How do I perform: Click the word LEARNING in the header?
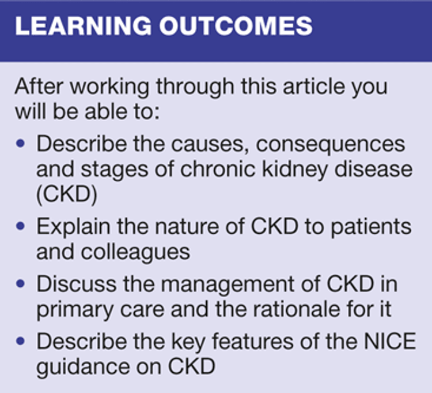pyautogui.click(x=83, y=25)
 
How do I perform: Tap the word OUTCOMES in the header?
pyautogui.click(x=236, y=25)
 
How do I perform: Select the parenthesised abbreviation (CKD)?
pyautogui.click(x=67, y=194)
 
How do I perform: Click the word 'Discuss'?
pyautogui.click(x=77, y=284)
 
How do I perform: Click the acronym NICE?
pyautogui.click(x=390, y=342)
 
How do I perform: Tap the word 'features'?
pyautogui.click(x=253, y=342)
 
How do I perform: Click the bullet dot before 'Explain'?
pyautogui.click(x=21, y=227)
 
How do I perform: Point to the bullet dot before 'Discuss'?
pyautogui.click(x=21, y=284)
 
